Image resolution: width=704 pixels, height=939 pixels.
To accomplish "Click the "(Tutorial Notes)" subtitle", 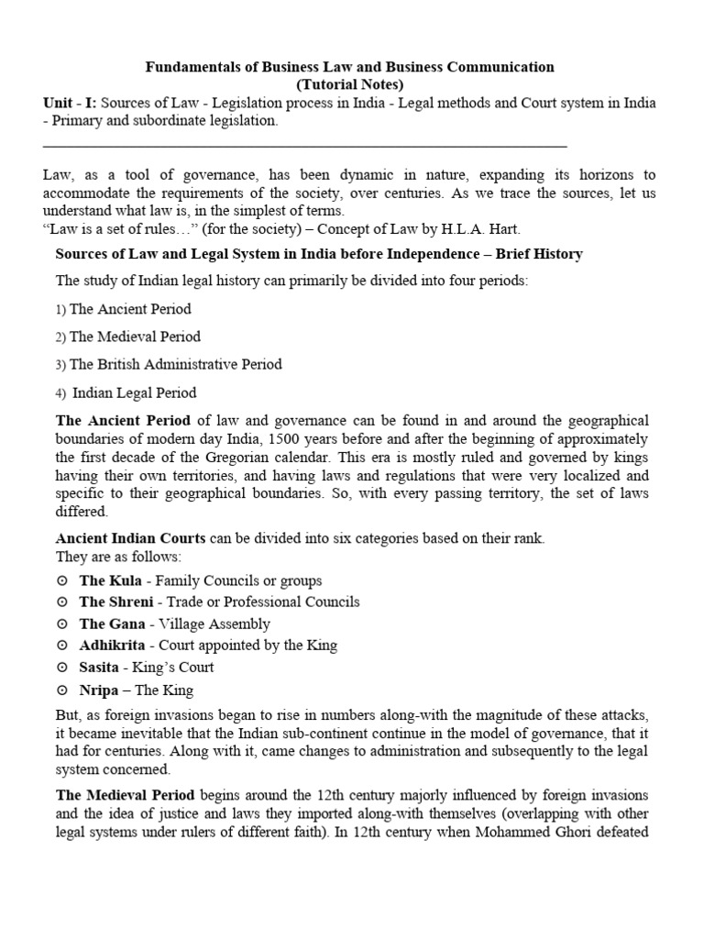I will (351, 84).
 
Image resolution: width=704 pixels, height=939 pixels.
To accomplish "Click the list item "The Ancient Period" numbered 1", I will (130, 309).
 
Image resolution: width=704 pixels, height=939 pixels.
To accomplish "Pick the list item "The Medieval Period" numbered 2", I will (135, 337).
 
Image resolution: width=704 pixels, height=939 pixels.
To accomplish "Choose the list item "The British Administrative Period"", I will (175, 364).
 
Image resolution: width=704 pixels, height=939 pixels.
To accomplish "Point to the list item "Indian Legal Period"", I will (134, 392).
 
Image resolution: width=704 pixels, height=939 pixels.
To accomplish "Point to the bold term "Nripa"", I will (99, 690).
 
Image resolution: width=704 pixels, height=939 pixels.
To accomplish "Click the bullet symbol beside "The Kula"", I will (61, 581).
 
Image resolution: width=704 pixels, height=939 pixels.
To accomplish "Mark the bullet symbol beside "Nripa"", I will (61, 690).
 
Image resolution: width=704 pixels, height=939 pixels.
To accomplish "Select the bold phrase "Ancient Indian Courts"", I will (131, 538).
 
